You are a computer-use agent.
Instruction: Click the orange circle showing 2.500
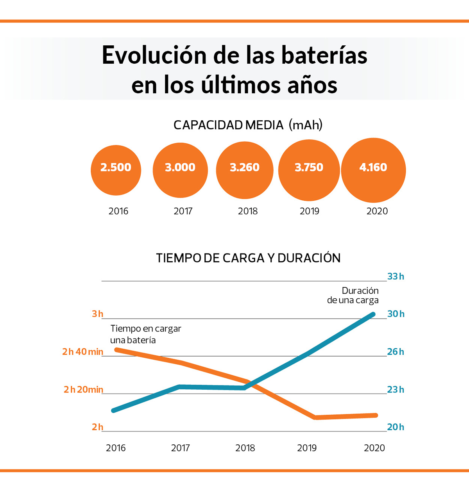[116, 170]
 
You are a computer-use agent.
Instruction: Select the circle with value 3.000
[180, 170]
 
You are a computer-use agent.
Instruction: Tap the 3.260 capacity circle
[245, 170]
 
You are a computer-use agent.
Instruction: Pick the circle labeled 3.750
[309, 170]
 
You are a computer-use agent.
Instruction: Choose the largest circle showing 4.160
[373, 170]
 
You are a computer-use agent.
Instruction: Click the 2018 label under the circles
[248, 211]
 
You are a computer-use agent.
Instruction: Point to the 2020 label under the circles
[377, 211]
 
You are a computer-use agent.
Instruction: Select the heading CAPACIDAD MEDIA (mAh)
[248, 125]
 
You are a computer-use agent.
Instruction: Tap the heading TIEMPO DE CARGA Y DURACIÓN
[248, 258]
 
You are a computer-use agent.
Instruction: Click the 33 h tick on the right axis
[396, 276]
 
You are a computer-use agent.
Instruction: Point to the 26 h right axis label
[396, 352]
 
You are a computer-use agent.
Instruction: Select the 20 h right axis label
[396, 427]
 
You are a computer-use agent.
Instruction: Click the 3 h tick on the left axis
[98, 314]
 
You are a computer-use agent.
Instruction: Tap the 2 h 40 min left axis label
[83, 352]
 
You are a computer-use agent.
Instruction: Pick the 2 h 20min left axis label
[84, 390]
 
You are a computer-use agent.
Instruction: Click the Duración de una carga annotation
[353, 296]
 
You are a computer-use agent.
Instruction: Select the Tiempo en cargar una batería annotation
[145, 334]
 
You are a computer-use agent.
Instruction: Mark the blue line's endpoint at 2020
[373, 314]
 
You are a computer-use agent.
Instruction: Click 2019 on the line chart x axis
[307, 448]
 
